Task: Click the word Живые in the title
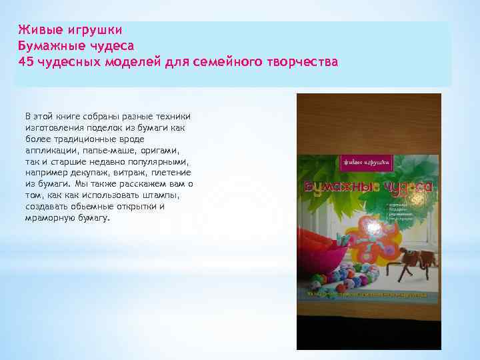click(x=34, y=30)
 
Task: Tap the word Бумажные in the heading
click(x=45, y=46)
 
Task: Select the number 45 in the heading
click(x=25, y=62)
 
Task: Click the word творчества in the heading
click(x=305, y=62)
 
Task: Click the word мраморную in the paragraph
click(x=48, y=218)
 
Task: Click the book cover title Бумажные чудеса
click(x=369, y=188)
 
